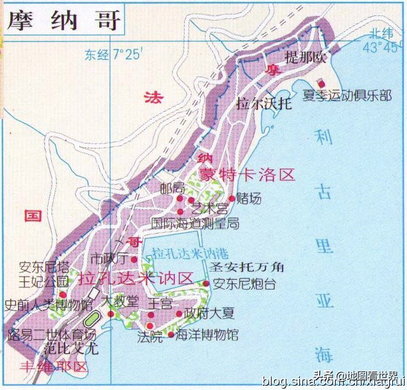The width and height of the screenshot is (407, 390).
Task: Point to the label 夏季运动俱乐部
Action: pos(347,95)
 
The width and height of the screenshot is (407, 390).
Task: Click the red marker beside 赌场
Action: pos(232,198)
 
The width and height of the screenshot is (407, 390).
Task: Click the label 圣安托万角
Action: pos(246,267)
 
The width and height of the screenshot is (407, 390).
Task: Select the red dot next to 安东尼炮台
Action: pos(206,283)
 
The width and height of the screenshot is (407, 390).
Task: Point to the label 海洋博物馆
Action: pos(206,336)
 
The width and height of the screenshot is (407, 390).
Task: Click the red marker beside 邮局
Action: pos(180,198)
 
